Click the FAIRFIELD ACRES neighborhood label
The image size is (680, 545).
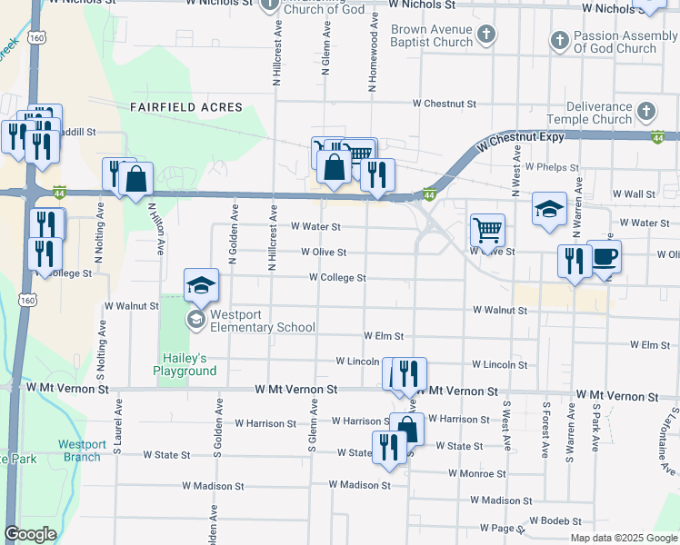186,107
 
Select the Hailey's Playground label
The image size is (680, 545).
185,364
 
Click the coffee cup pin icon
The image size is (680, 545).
605,258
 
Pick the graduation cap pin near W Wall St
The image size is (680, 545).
549,210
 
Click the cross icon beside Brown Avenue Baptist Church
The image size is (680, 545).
486,35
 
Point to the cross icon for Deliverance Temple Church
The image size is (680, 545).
645,113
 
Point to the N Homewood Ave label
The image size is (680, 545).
373,59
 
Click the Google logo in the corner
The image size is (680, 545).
30,534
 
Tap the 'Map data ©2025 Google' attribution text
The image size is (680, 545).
623,538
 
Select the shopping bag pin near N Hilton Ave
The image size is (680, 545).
136,180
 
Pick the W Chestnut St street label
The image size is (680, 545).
445,104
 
